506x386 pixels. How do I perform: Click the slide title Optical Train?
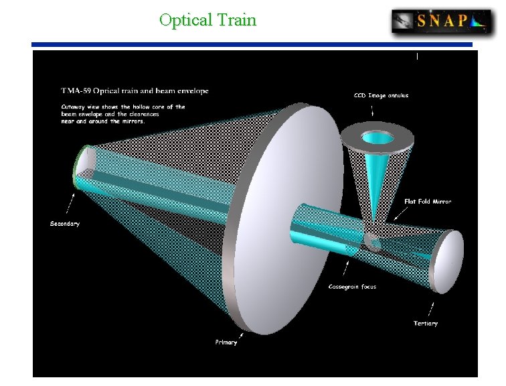click(x=207, y=20)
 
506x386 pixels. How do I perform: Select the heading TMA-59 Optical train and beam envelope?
click(x=135, y=90)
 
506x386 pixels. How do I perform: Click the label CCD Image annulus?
click(x=381, y=95)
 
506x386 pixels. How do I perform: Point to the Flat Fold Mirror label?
click(x=428, y=201)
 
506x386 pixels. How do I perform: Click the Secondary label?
click(x=65, y=223)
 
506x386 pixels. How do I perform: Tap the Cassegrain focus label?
click(x=352, y=287)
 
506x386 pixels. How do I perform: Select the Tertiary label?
click(x=426, y=323)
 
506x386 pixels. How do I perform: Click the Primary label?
click(x=226, y=342)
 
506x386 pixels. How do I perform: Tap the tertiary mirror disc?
click(x=447, y=261)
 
